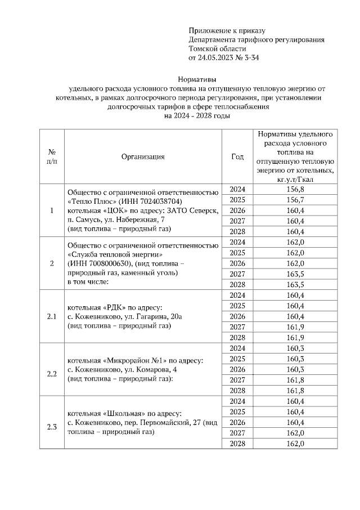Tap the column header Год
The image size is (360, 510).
[237, 156]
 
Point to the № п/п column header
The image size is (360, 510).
[52, 156]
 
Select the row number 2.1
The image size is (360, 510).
[52, 316]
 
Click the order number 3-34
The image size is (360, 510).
[249, 57]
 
